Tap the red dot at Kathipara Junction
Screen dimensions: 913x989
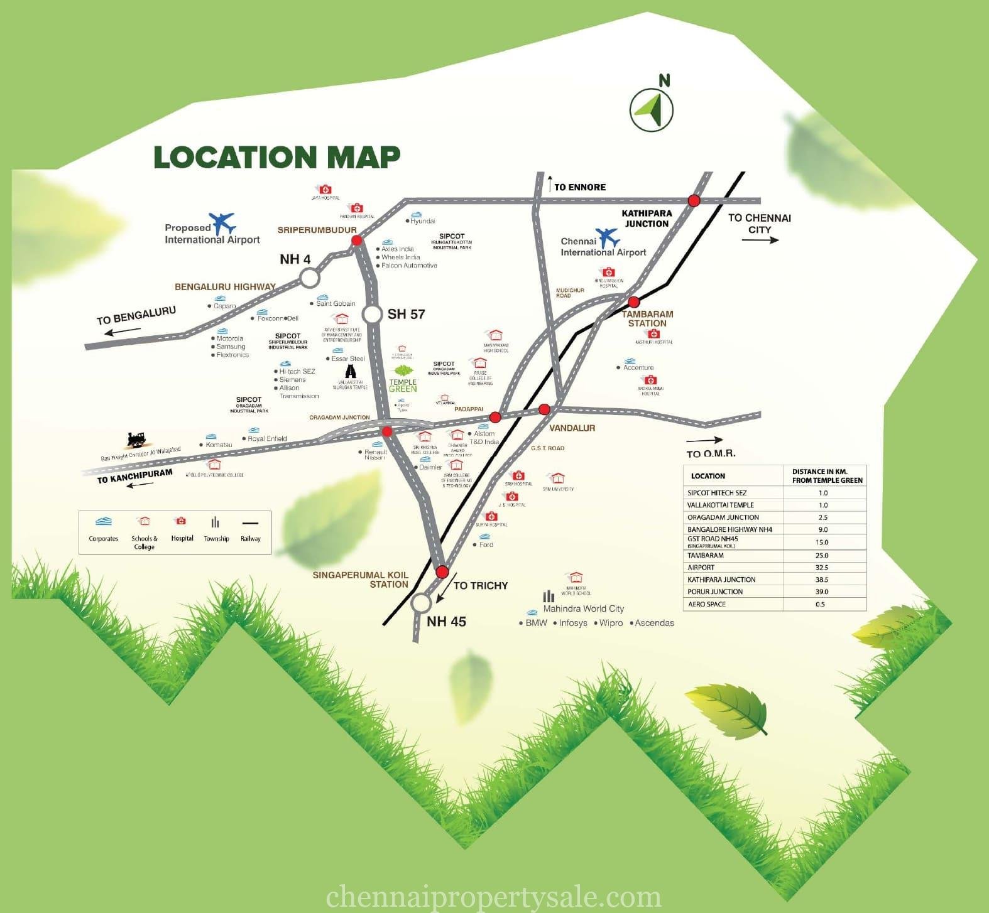click(x=694, y=200)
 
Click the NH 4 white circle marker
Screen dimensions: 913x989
click(x=309, y=278)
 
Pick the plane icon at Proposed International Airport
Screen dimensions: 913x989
click(x=223, y=223)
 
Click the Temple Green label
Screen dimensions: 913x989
click(x=403, y=385)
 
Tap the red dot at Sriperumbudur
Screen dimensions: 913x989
click(x=356, y=240)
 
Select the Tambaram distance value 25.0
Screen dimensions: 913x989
click(x=822, y=555)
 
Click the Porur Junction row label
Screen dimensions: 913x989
click(x=715, y=592)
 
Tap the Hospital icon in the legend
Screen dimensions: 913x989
click(x=181, y=521)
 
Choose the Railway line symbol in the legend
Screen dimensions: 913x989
click(x=250, y=522)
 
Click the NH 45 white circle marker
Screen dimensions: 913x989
click(x=421, y=603)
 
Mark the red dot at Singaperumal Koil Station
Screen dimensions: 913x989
click(x=442, y=572)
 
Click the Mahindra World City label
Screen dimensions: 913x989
click(x=583, y=608)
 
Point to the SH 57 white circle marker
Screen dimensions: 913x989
click(x=373, y=314)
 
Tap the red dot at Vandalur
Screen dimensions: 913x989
click(x=544, y=409)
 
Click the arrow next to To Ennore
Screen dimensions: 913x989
click(x=550, y=183)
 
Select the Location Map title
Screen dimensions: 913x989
click(x=277, y=157)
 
